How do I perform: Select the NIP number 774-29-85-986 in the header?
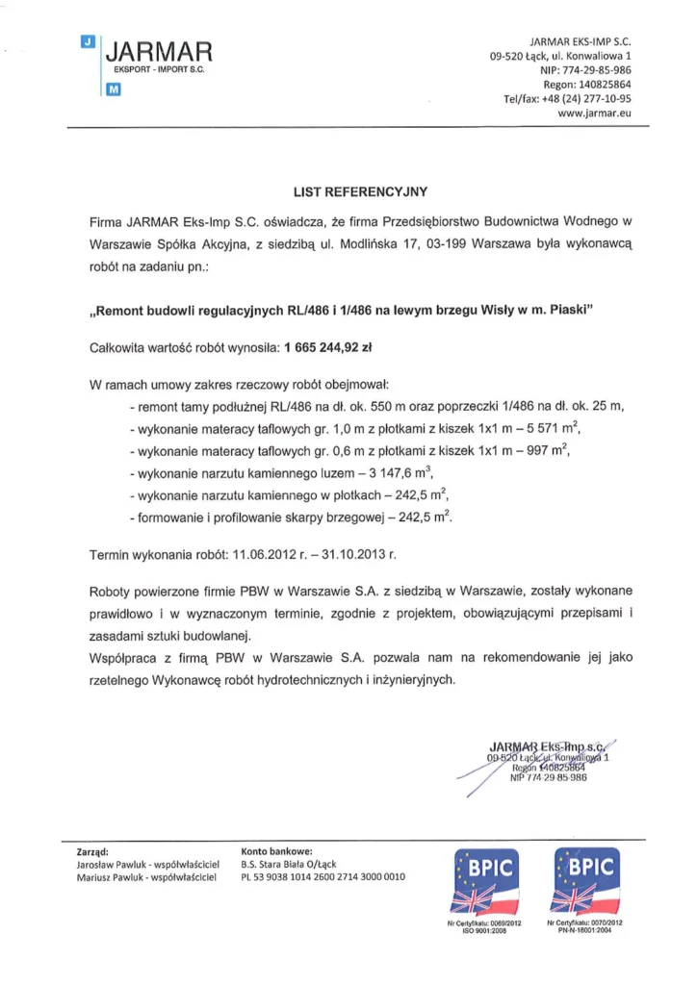point(598,71)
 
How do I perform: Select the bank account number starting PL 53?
point(323,877)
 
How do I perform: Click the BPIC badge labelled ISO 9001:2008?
point(478,878)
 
